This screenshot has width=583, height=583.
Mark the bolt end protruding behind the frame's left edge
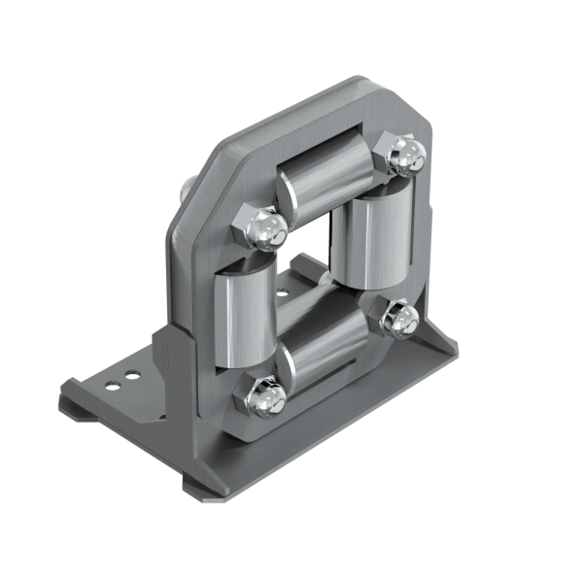[x=184, y=185]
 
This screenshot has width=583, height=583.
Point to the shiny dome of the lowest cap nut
[x=272, y=398]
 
